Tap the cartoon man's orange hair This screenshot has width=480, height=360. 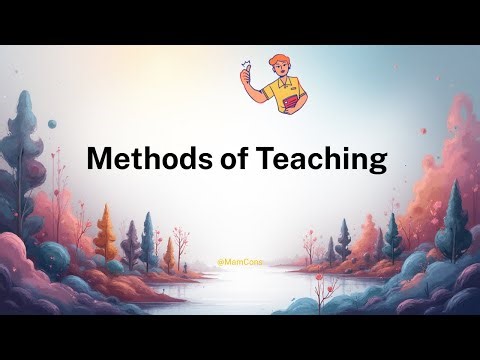pos(277,64)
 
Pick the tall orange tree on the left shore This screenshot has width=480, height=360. pos(107,235)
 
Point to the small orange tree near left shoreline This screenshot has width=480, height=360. pos(170,255)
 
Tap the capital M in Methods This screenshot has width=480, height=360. pos(99,158)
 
